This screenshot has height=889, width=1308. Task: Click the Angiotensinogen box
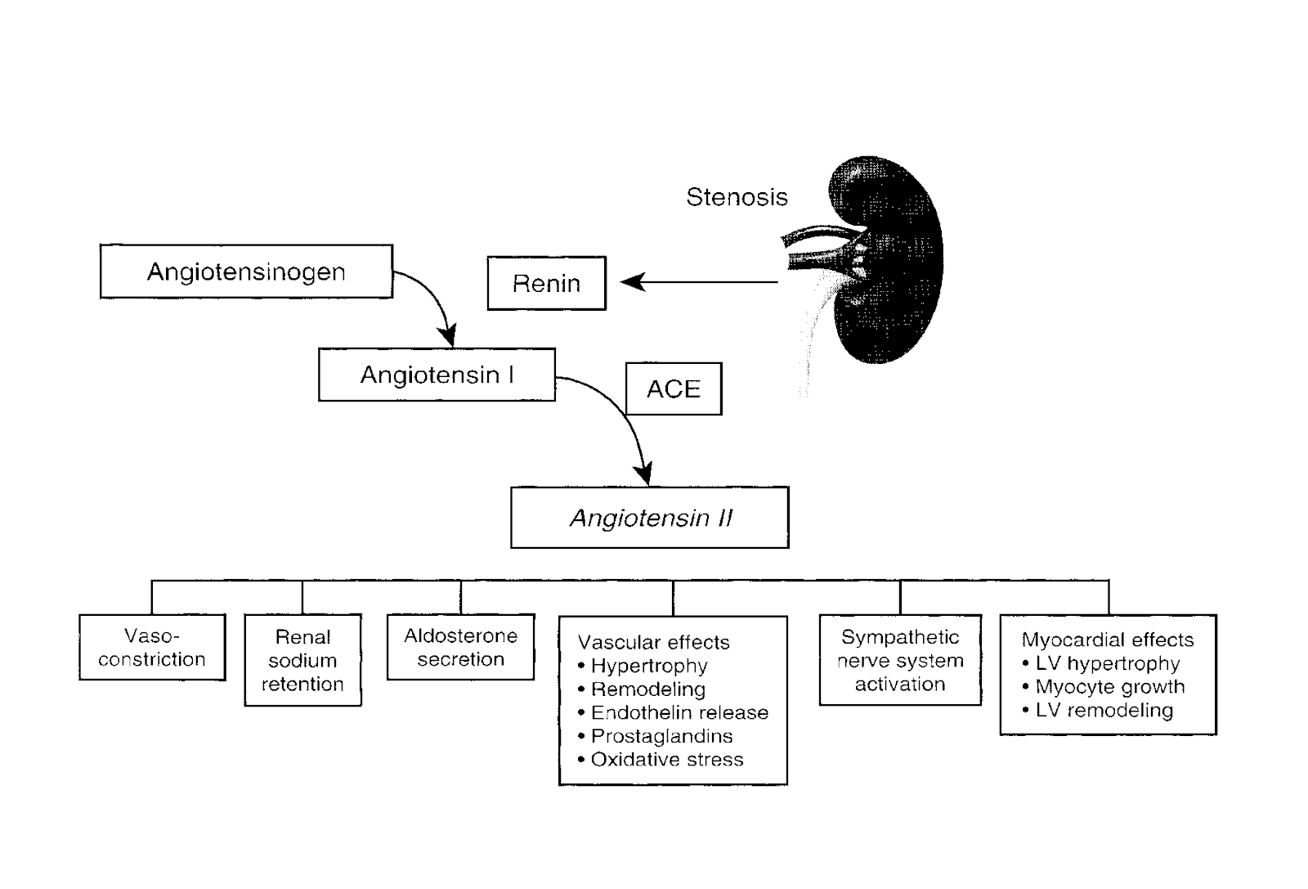(246, 272)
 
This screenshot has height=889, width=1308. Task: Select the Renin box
(546, 284)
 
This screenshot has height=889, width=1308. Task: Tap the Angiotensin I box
(437, 375)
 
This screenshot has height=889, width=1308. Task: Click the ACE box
(674, 388)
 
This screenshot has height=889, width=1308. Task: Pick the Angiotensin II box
(650, 518)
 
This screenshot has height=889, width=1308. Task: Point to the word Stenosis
(737, 197)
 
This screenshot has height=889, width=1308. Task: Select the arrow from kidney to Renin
(703, 283)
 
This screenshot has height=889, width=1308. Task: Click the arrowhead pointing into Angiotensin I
(446, 335)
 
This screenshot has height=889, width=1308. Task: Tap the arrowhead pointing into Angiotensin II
(644, 474)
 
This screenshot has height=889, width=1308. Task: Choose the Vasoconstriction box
(152, 648)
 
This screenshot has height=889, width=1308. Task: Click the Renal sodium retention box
(302, 660)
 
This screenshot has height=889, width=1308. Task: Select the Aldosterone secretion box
(460, 648)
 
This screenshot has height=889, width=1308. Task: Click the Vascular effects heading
(653, 643)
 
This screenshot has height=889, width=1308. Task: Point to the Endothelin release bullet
(679, 713)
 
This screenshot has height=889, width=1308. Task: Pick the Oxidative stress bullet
(666, 760)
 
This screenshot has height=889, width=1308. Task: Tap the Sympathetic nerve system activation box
(900, 660)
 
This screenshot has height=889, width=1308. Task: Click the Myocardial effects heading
(1108, 640)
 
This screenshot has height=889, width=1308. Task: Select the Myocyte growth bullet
(1109, 687)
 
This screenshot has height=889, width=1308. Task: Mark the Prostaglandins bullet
(661, 736)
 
